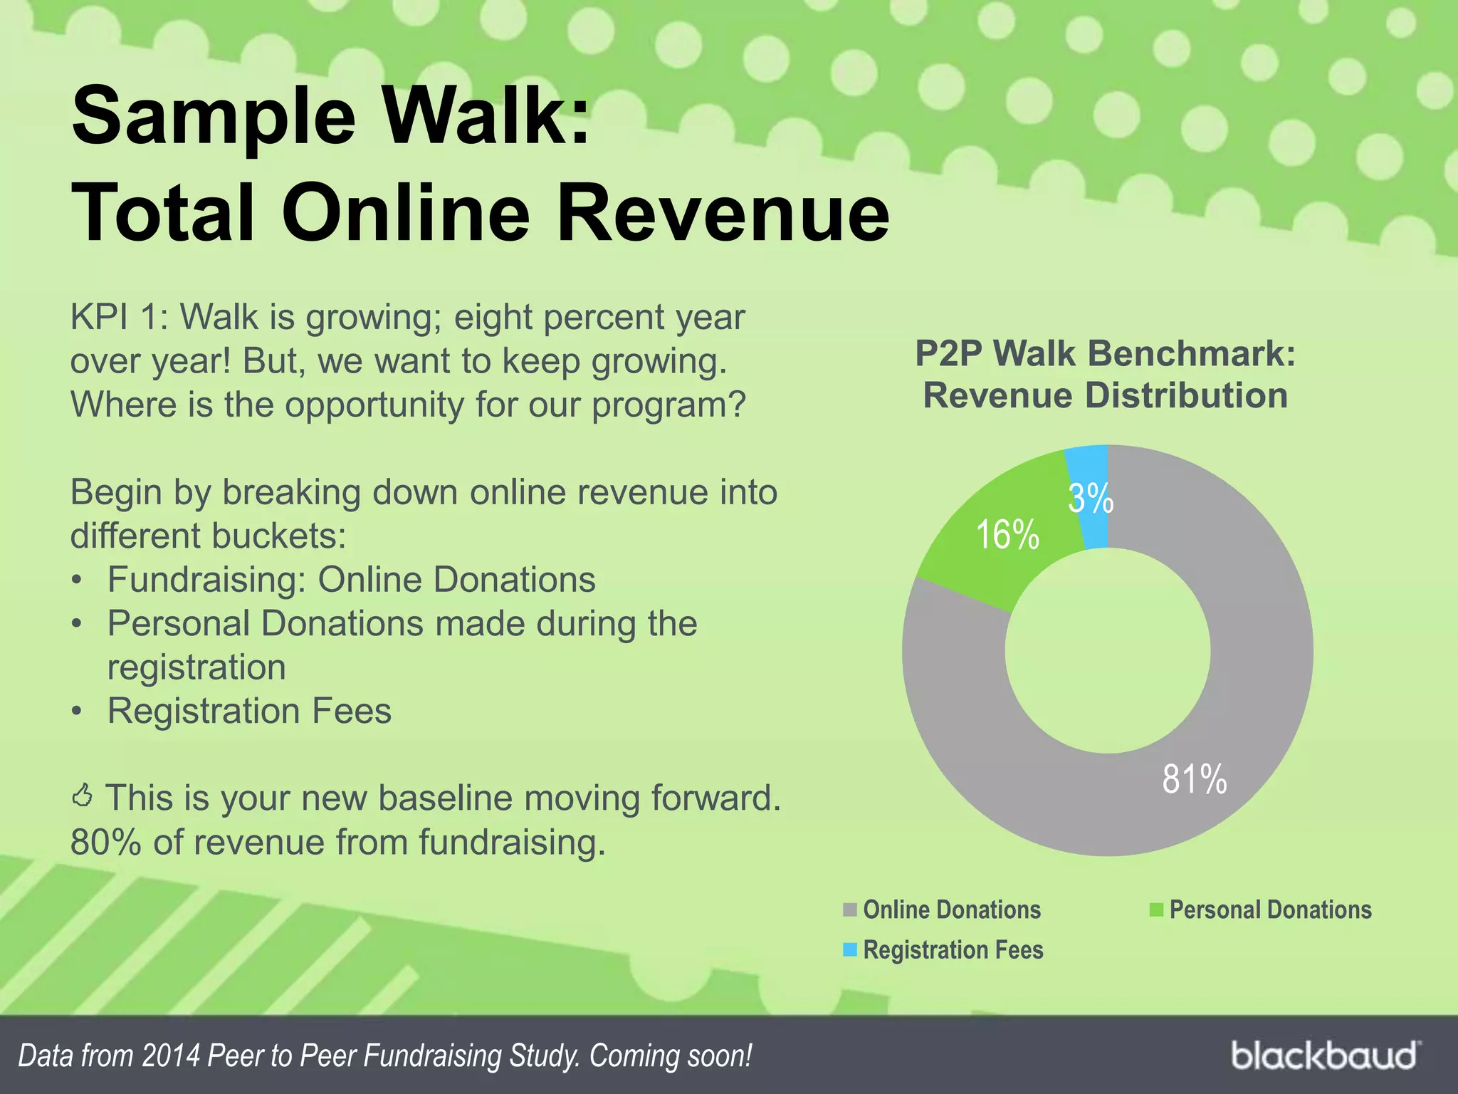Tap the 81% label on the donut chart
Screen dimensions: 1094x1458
1194,778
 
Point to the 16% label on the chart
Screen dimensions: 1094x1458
1007,534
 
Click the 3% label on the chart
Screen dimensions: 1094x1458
1090,498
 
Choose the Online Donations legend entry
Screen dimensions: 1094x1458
951,910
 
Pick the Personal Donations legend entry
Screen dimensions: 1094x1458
1269,910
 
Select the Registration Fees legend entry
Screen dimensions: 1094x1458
953,950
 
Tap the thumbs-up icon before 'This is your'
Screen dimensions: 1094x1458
83,796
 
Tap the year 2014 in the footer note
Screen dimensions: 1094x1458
170,1056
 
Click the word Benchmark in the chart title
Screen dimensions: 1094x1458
1192,353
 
